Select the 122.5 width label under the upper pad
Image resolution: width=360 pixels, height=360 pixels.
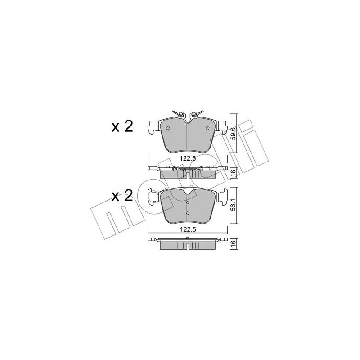click(x=188, y=159)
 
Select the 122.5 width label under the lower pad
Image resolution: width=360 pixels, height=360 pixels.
click(x=188, y=229)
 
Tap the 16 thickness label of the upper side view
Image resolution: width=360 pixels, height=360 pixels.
click(x=233, y=172)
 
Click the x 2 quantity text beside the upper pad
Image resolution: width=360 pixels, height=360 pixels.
click(x=122, y=126)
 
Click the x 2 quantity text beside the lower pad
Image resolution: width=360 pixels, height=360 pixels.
click(x=122, y=196)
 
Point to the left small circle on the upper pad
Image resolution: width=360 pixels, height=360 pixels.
click(x=167, y=128)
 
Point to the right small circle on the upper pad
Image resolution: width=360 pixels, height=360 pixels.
click(x=207, y=128)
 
